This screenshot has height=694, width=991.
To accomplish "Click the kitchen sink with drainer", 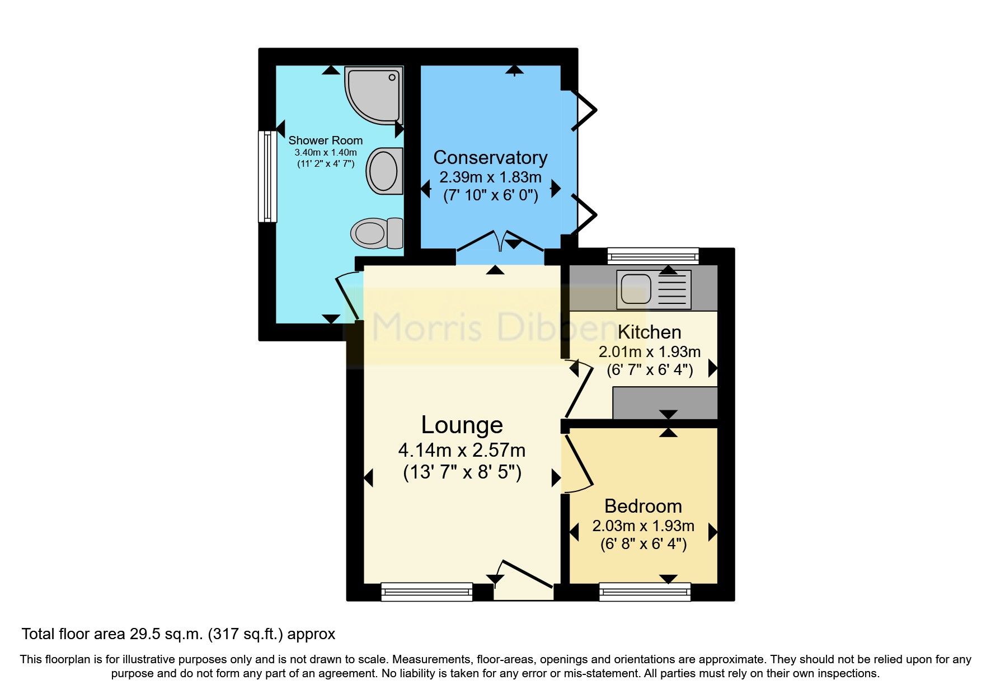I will (654, 289).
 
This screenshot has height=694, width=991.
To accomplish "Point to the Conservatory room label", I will (490, 158).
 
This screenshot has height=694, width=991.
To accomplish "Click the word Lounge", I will (462, 425).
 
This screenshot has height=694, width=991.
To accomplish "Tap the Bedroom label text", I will (643, 506).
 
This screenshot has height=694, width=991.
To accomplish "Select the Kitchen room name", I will (649, 332).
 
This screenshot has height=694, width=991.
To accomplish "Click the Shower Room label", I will (325, 140).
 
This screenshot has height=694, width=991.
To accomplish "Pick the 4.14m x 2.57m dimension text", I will (462, 450).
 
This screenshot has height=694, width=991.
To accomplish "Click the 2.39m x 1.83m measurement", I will (490, 177).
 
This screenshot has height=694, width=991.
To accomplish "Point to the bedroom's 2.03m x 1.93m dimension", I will (643, 526).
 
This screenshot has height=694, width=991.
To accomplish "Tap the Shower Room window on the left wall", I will (267, 176).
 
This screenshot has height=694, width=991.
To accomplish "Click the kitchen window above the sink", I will (653, 257).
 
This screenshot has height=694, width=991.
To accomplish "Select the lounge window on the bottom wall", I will (426, 592).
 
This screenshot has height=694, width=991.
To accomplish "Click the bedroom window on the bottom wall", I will (645, 592).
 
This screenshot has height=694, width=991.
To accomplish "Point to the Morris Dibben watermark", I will (492, 327).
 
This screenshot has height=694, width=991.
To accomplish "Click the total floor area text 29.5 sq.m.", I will (179, 634).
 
